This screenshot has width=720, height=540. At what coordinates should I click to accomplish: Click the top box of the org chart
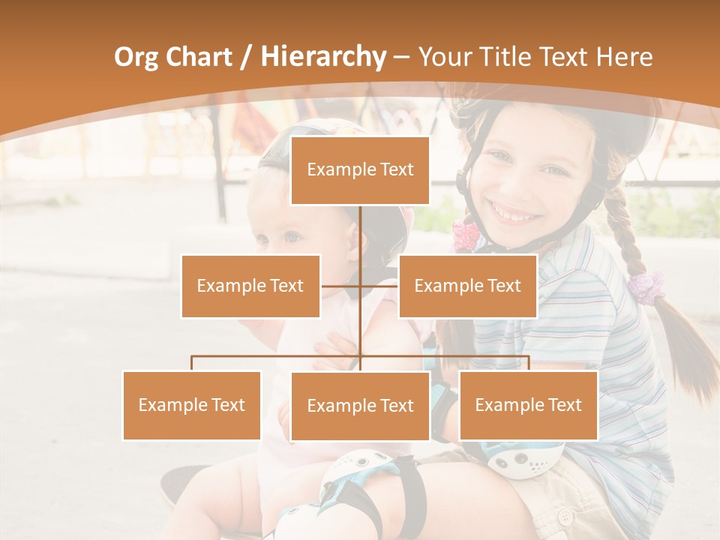(x=360, y=170)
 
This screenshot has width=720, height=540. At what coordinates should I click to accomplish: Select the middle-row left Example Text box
(x=250, y=286)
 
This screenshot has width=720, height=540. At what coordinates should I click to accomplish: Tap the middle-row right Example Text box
(x=467, y=286)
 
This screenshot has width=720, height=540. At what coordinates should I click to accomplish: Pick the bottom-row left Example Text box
(x=192, y=405)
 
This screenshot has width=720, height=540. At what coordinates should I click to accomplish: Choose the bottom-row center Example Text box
(x=360, y=406)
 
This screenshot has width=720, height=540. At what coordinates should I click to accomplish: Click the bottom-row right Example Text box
(x=528, y=405)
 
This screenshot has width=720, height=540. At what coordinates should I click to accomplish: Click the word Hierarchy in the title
(x=322, y=57)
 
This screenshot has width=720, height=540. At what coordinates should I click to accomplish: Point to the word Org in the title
(x=136, y=57)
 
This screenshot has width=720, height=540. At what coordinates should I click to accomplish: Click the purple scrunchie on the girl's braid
(x=646, y=286)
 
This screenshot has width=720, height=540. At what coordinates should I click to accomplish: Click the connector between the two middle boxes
(x=360, y=286)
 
